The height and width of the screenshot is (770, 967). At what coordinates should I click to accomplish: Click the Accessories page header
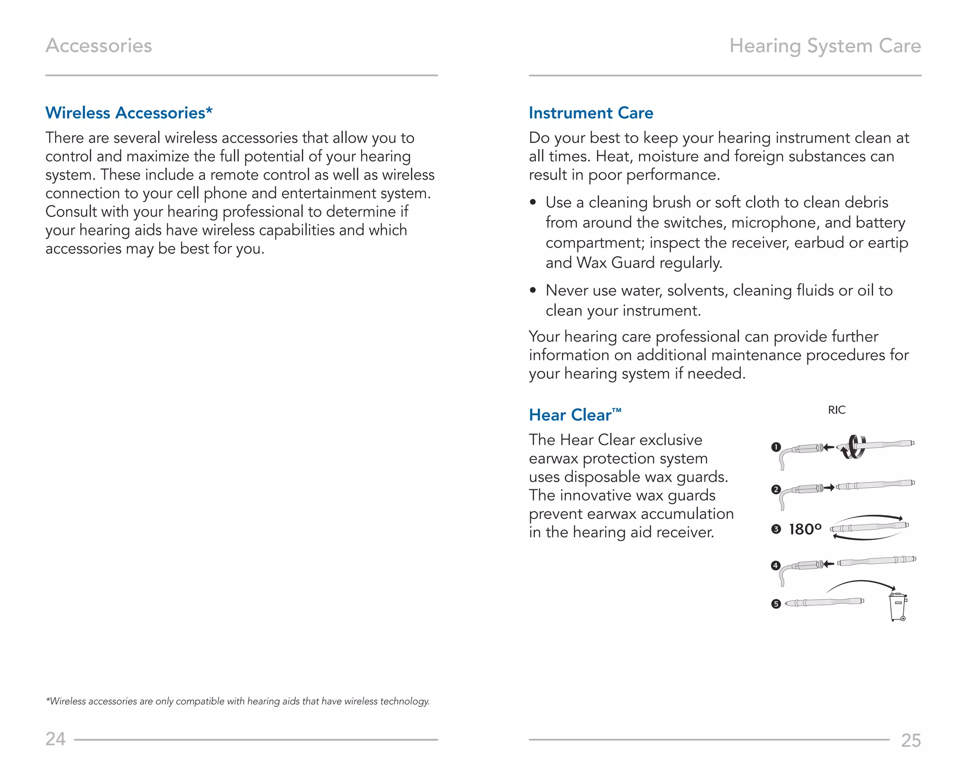coord(99,46)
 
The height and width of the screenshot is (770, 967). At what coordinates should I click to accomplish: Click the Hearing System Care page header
coord(825,46)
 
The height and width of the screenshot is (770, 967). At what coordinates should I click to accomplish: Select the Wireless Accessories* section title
coord(129,113)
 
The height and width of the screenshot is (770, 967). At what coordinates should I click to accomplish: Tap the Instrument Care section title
coord(591,113)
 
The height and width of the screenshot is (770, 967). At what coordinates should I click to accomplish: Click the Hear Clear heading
coord(575,415)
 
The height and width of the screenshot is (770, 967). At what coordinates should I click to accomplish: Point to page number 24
coord(55,739)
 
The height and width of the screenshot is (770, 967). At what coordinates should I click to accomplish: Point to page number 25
coord(910,740)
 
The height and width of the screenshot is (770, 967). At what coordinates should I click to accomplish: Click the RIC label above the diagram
coord(836,410)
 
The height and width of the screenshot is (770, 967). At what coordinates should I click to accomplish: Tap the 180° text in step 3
coord(805,529)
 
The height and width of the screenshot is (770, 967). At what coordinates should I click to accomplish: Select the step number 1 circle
coord(776,447)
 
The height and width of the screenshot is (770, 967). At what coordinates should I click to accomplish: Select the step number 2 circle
coord(776,489)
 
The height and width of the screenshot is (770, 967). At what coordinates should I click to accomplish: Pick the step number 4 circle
coord(776,565)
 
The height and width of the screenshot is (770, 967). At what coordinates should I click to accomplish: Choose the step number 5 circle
coord(776,604)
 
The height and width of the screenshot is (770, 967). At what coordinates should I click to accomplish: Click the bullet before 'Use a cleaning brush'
coord(533,202)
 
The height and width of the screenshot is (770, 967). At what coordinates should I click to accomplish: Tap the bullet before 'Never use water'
coord(533,291)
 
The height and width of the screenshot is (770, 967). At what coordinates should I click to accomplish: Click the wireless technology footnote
coord(238,701)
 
